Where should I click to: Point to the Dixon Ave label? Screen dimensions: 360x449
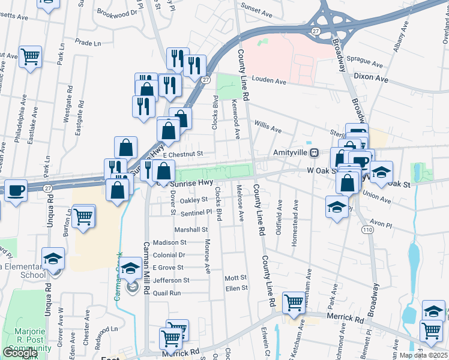coord(371,79)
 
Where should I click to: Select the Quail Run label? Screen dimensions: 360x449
coord(167,293)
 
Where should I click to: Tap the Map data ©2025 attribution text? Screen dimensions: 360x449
coord(423,355)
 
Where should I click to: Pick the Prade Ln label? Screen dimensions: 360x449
coord(88,43)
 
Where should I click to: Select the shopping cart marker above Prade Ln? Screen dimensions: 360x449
coord(30,58)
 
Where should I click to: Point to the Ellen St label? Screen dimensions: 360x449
coord(236,288)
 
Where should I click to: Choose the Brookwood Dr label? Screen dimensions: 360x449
coord(116,12)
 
